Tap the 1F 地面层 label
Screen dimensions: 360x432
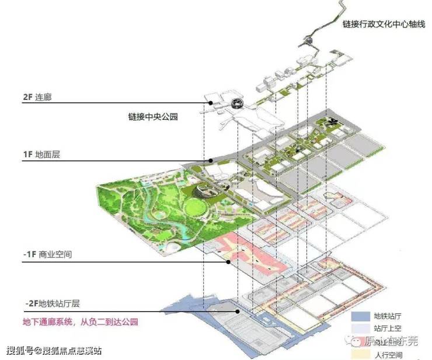click(36, 155)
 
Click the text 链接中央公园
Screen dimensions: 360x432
click(153, 116)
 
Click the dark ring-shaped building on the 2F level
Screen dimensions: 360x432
click(238, 103)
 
